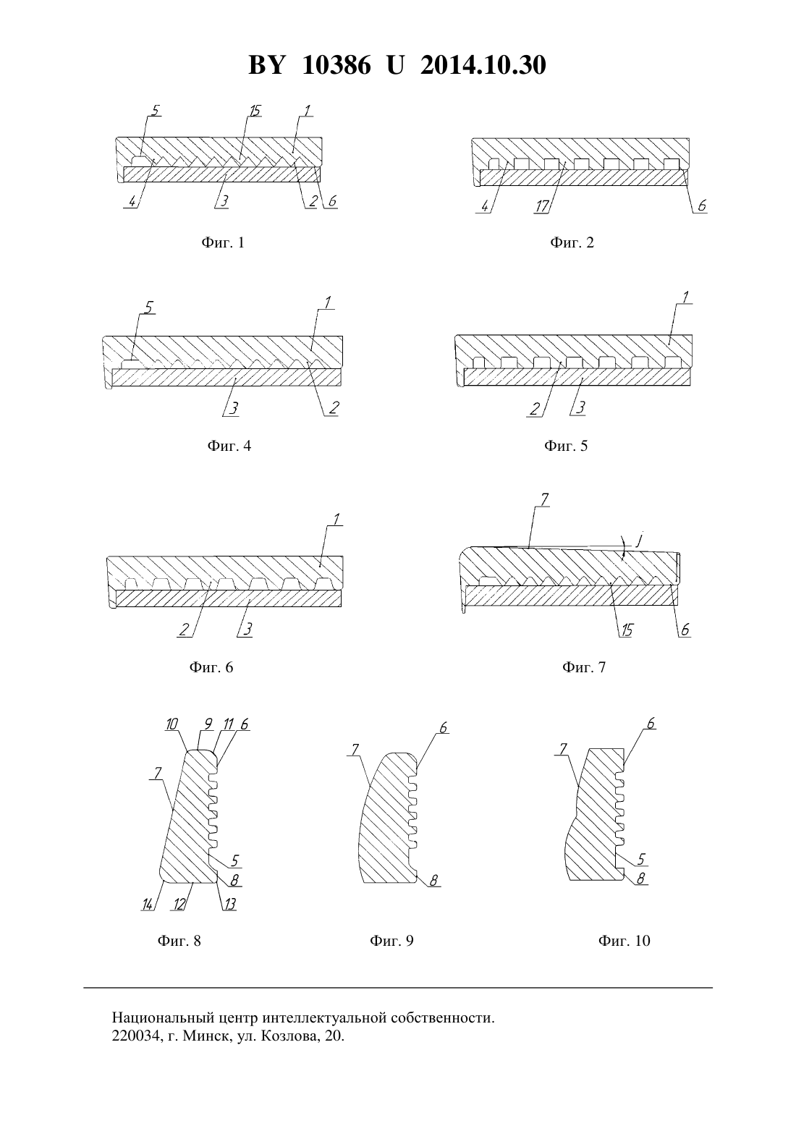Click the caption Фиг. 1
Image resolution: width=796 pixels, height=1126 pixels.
[x=223, y=243]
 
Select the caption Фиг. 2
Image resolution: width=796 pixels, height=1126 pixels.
[x=572, y=243]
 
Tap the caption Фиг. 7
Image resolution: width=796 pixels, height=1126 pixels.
[x=584, y=667]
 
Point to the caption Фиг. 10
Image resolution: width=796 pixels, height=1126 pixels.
[x=624, y=941]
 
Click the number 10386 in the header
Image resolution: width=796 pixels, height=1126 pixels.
[x=336, y=65]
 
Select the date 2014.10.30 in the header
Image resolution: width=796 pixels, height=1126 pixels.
[x=483, y=65]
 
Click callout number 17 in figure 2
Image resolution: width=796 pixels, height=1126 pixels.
[x=542, y=206]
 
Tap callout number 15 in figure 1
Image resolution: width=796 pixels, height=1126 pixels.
[x=255, y=110]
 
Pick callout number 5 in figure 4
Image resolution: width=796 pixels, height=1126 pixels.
[x=149, y=307]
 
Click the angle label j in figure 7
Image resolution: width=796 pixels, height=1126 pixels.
[x=638, y=541]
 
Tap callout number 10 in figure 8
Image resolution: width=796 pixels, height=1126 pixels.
[x=172, y=724]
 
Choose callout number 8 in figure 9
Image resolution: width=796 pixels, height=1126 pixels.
[x=434, y=880]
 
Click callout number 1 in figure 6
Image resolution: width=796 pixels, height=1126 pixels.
[x=336, y=518]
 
